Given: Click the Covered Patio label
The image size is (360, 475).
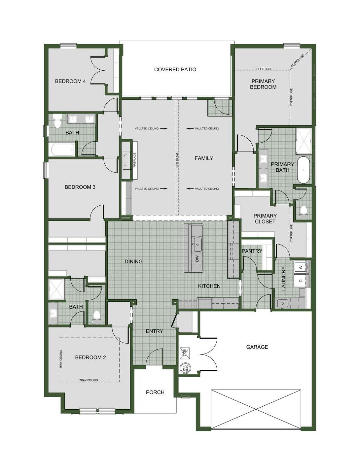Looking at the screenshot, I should tap(175, 69).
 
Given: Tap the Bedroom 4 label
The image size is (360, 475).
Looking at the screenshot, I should tap(70, 81).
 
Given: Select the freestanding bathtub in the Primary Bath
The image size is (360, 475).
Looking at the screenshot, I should tap(303, 170).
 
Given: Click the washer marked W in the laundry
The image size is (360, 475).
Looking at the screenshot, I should tap(301, 267).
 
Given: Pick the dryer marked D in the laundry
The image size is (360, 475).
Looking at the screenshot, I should tap(301, 281).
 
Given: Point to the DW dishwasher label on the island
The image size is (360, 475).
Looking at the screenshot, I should tap(197, 258).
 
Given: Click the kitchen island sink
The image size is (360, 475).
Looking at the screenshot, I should tap(198, 244).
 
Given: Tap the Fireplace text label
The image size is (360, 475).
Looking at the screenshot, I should tap(134, 160).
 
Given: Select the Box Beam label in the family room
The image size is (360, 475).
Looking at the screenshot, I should tap(177, 159).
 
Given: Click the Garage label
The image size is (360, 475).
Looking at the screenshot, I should tap(257, 347).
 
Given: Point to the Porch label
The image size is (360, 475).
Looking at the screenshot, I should tap(155, 392).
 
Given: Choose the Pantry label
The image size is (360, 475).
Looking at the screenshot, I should tap(252, 251).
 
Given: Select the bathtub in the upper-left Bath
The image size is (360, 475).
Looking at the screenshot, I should tap(62, 150).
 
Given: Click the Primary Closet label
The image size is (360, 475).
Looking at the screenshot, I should tap(265, 219).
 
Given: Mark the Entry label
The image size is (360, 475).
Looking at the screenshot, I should tap(155, 331).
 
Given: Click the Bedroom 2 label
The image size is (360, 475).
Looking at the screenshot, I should tap(90, 357).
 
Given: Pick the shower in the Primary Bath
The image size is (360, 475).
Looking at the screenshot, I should tap(304, 141).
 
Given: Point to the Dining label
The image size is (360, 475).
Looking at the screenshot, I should tap(134, 261).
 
